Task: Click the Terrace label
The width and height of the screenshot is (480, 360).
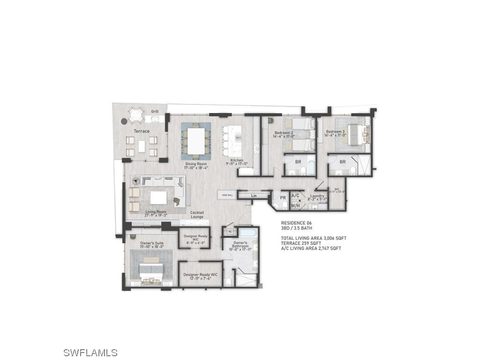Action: tap(142, 131)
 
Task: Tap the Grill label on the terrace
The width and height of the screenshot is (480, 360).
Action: tap(155, 112)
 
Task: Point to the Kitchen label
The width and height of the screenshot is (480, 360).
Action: tap(237, 161)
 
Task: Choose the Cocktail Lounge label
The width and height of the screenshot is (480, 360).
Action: tap(197, 215)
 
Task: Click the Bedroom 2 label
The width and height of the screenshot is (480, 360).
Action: tap(284, 133)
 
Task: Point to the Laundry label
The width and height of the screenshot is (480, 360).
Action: tap(317, 196)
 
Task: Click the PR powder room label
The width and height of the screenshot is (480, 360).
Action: tap(283, 198)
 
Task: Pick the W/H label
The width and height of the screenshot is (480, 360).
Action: tap(295, 205)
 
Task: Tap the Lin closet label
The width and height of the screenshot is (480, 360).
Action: tap(254, 195)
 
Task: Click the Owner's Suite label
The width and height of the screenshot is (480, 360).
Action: tap(152, 243)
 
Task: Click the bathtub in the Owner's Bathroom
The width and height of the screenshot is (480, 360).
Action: tap(246, 232)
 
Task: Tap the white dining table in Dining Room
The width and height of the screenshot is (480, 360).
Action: tap(196, 139)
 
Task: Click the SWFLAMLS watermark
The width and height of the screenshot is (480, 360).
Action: tap(90, 352)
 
